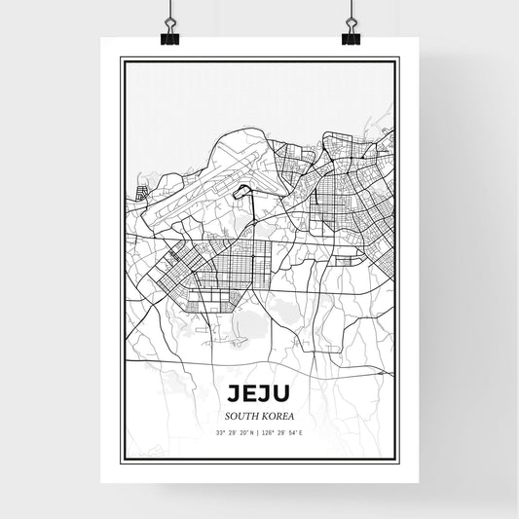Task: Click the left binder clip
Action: click(169, 37)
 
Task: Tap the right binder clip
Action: click(351, 37)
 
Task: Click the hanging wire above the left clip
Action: click(169, 12)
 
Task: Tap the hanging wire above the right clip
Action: click(351, 12)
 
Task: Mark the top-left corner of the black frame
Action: click(121, 59)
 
